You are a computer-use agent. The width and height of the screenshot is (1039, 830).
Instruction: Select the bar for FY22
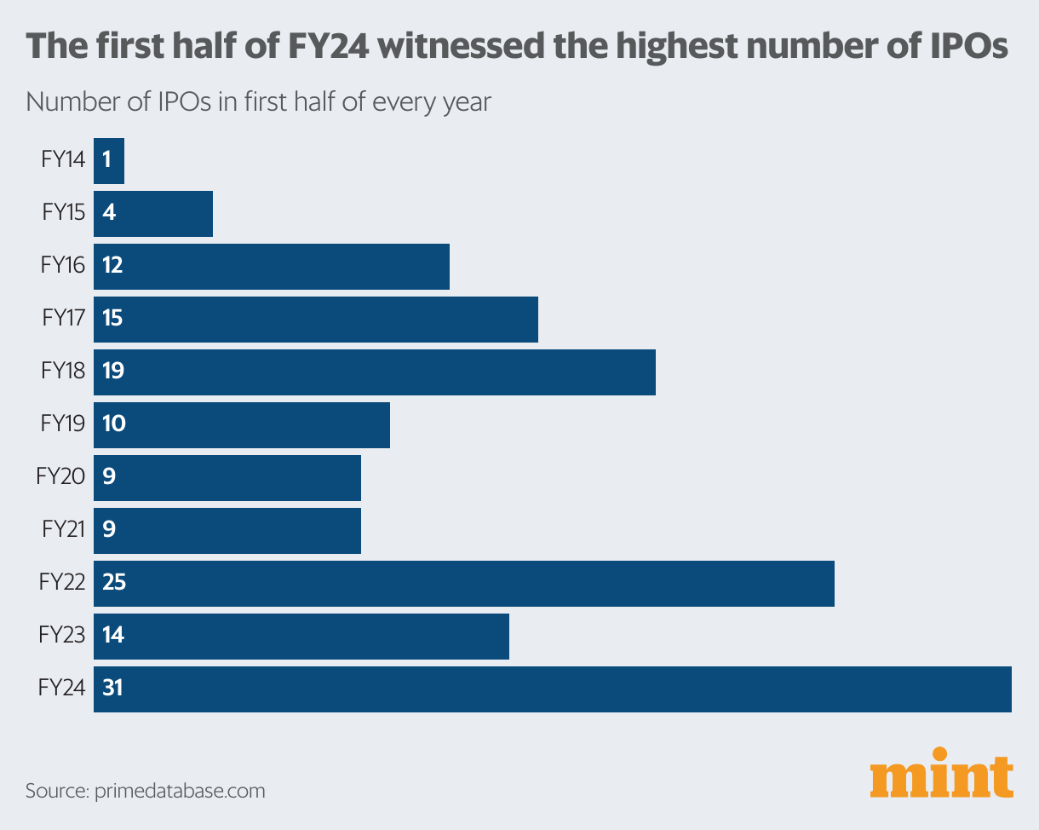pyautogui.click(x=464, y=583)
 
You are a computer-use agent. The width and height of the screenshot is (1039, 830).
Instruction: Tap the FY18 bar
pyautogui.click(x=375, y=372)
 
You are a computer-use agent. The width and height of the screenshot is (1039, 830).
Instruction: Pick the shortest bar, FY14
pyautogui.click(x=109, y=160)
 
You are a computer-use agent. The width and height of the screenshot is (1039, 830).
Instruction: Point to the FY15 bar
pyautogui.click(x=153, y=213)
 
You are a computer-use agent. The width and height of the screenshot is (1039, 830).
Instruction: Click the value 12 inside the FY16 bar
pyautogui.click(x=112, y=266)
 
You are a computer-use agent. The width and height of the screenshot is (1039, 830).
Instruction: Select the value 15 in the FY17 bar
pyautogui.click(x=112, y=319)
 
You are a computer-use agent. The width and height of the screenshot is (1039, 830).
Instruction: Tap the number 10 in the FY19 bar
pyautogui.click(x=113, y=424)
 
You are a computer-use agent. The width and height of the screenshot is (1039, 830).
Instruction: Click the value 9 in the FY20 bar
pyautogui.click(x=108, y=477)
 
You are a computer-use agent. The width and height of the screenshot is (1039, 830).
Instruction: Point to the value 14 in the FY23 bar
pyautogui.click(x=112, y=636)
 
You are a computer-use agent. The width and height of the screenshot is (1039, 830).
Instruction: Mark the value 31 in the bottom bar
pyautogui.click(x=112, y=689)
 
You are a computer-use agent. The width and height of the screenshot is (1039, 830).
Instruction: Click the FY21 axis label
pyautogui.click(x=63, y=530)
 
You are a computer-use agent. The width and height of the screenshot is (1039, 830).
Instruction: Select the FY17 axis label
pyautogui.click(x=63, y=319)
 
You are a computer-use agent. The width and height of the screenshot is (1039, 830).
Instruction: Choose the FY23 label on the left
pyautogui.click(x=62, y=636)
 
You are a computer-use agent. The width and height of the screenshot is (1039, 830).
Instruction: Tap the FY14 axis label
pyautogui.click(x=63, y=160)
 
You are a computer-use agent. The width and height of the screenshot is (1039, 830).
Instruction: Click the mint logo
pyautogui.click(x=942, y=774)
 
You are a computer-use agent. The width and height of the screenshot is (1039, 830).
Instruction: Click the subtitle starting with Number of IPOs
pyautogui.click(x=259, y=102)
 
